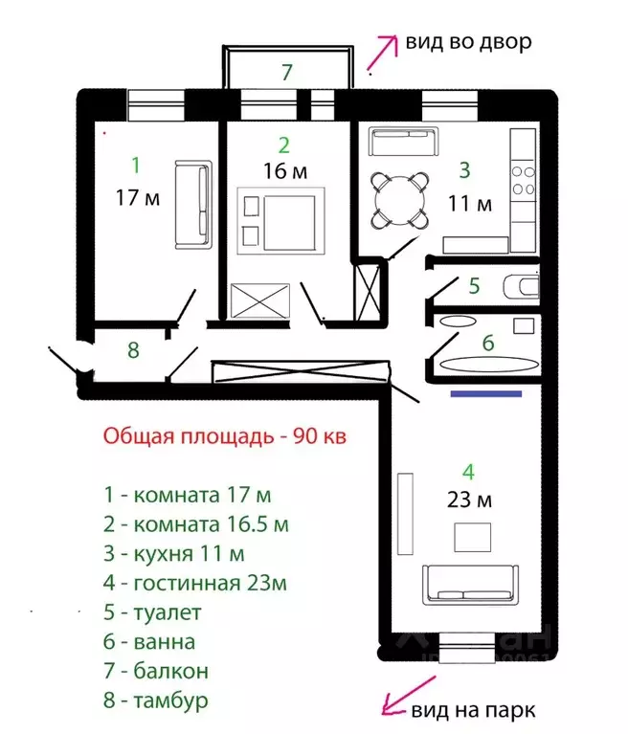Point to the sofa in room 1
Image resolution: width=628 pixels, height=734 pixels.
pyautogui.click(x=192, y=206)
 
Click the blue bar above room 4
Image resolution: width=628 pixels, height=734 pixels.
pyautogui.click(x=487, y=392)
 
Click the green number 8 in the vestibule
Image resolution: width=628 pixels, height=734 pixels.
pyautogui.click(x=133, y=350)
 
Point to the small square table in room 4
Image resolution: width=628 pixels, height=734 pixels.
pyautogui.click(x=471, y=538)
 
